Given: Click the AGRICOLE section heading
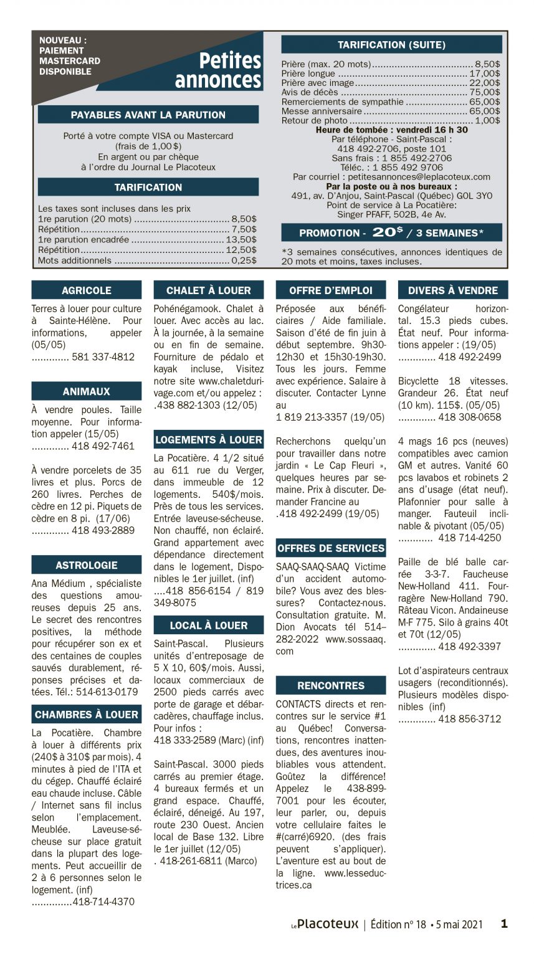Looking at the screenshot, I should click(x=86, y=290).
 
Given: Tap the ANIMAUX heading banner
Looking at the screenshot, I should click(x=86, y=391).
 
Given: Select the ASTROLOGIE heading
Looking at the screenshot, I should click(x=86, y=565).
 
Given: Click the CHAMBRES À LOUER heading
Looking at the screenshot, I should click(x=86, y=715).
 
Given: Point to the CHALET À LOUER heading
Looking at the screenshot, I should click(x=208, y=290).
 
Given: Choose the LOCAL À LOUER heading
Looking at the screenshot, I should click(x=208, y=626).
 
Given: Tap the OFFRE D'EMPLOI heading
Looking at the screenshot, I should click(x=330, y=290).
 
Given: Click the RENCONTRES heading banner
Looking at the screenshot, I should click(x=330, y=685).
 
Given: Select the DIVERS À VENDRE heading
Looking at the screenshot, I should click(x=453, y=290).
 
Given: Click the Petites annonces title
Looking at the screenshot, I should click(x=218, y=70).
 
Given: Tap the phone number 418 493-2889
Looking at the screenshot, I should click(x=103, y=531).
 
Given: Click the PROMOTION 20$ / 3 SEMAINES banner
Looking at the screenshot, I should click(x=391, y=232).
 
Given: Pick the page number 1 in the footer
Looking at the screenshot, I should click(x=504, y=924).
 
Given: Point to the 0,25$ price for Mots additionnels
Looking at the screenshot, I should click(x=244, y=260).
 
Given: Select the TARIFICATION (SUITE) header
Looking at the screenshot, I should click(x=391, y=45).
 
